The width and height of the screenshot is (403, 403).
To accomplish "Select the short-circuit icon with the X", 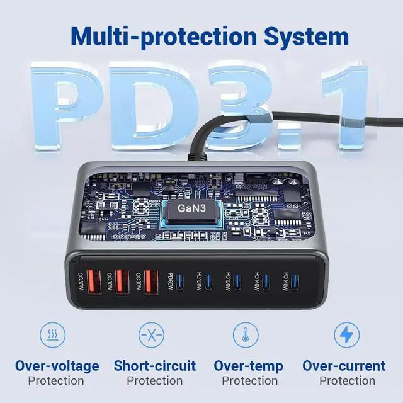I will [152, 334].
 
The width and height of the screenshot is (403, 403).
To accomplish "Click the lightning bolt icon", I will [346, 334].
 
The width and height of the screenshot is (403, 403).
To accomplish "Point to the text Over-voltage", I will [57, 366].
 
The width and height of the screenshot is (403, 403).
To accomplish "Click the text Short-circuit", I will [155, 366].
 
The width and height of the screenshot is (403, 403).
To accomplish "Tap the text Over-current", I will [344, 366].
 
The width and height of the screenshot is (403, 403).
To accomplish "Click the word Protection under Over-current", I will [347, 381].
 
